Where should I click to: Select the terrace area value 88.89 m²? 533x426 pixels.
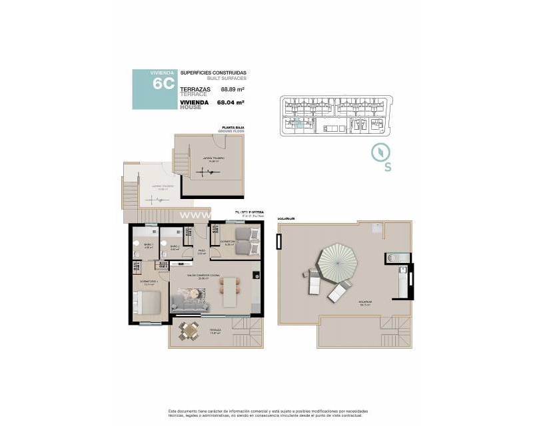(231, 89)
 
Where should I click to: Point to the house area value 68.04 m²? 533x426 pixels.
(231, 103)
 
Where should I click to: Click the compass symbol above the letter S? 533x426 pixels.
(378, 151)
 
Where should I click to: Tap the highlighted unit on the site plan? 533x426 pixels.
(299, 123)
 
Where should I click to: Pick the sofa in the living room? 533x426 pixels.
(192, 303)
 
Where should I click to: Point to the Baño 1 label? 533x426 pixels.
(149, 246)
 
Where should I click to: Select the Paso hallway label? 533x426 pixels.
(201, 251)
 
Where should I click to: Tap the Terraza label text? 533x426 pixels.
(215, 330)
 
